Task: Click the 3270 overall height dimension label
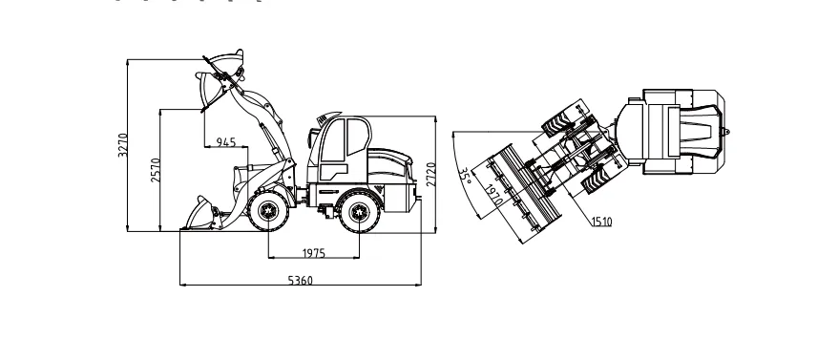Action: click(123, 144)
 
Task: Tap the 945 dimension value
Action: click(226, 142)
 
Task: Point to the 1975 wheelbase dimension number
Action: click(314, 253)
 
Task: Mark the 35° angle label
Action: click(465, 178)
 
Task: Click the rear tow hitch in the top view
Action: click(727, 129)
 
